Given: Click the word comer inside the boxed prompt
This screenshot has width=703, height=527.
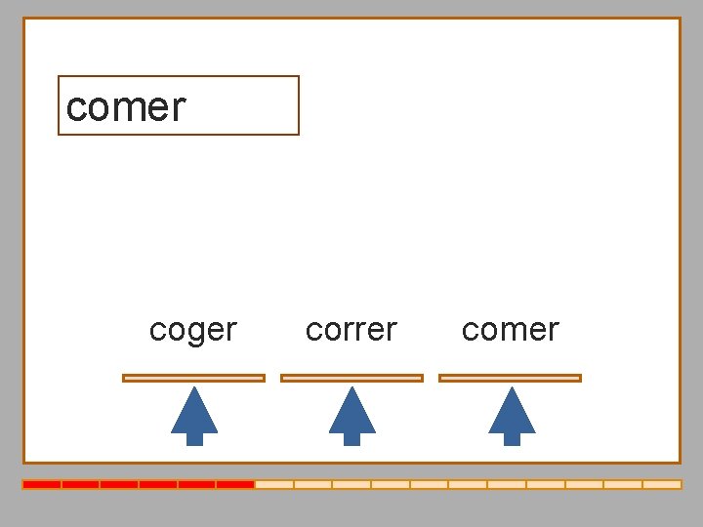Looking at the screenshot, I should coord(125,106).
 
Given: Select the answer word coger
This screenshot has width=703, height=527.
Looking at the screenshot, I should coord(193,330).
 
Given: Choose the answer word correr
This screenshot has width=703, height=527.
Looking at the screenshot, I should coord(351,330).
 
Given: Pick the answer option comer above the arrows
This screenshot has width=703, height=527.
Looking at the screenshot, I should coord(510,330).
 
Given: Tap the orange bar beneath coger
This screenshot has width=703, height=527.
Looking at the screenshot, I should coord(193,378).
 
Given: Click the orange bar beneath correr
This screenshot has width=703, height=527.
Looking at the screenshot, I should coord(351,378).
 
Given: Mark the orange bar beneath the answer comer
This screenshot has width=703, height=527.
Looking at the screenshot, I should coord(510,378).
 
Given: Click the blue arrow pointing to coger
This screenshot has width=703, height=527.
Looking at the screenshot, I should coord(194,416).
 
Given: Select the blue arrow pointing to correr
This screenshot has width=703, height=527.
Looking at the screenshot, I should coord(352,416).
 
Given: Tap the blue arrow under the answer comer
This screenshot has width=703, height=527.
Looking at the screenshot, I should coord(512,416).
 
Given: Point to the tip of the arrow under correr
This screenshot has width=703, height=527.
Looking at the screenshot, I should coord(352,389).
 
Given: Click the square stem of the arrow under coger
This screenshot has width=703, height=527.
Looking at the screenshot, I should coord(194,438).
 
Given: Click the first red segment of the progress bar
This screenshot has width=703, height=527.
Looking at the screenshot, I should coord(42,484).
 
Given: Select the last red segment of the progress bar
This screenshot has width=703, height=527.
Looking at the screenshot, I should coord(235,484).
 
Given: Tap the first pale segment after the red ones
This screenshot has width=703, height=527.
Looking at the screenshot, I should coord(274,484).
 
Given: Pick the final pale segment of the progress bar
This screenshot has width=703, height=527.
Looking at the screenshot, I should coord(662,484).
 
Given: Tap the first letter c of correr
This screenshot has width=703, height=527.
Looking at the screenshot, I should coord(313,331).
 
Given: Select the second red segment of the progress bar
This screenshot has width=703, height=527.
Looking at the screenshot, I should coord(80,484).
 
